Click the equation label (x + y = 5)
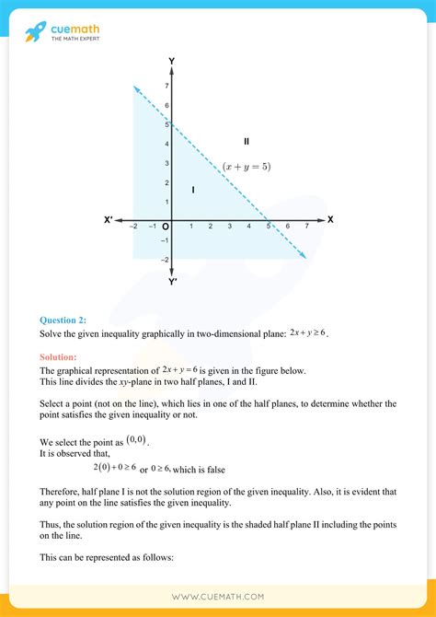coord(247,167)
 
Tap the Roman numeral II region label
coord(247,141)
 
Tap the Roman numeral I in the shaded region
coord(193,190)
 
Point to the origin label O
coord(166,227)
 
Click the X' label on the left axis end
coord(109,220)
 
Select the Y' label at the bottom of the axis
coord(173,281)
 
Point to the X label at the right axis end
coord(330,220)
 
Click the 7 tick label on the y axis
coord(166,86)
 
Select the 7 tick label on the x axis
coord(306,227)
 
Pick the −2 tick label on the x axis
coord(133,227)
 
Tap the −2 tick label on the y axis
coord(164,260)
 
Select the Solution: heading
coord(58,356)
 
